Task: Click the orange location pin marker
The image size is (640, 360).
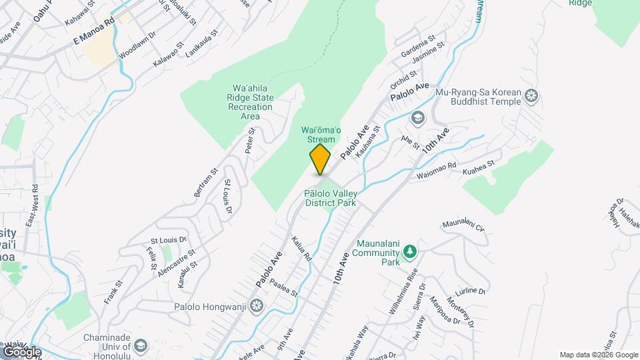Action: click(x=320, y=159)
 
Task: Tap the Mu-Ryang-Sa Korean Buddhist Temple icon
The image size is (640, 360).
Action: click(x=531, y=96)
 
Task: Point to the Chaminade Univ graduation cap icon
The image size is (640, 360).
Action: click(x=140, y=345)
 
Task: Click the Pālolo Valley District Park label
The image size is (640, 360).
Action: click(x=329, y=198)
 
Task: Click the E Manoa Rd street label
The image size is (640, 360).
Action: click(x=95, y=31)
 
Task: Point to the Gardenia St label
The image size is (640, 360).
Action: click(x=419, y=46)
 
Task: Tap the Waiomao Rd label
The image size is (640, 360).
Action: click(x=436, y=171)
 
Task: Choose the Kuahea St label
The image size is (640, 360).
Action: click(x=479, y=167)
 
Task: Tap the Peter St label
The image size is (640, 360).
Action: click(x=251, y=141)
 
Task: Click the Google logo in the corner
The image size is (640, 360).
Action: click(x=21, y=351)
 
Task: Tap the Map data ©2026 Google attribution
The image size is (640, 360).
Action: click(x=599, y=355)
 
